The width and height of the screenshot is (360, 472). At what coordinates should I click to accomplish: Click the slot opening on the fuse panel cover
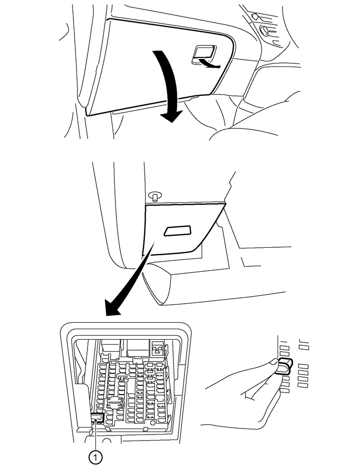click(x=177, y=230)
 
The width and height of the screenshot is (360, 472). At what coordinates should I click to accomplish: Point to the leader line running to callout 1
click(x=94, y=435)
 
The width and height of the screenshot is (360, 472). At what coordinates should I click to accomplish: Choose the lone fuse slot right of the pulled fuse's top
click(x=303, y=347)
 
